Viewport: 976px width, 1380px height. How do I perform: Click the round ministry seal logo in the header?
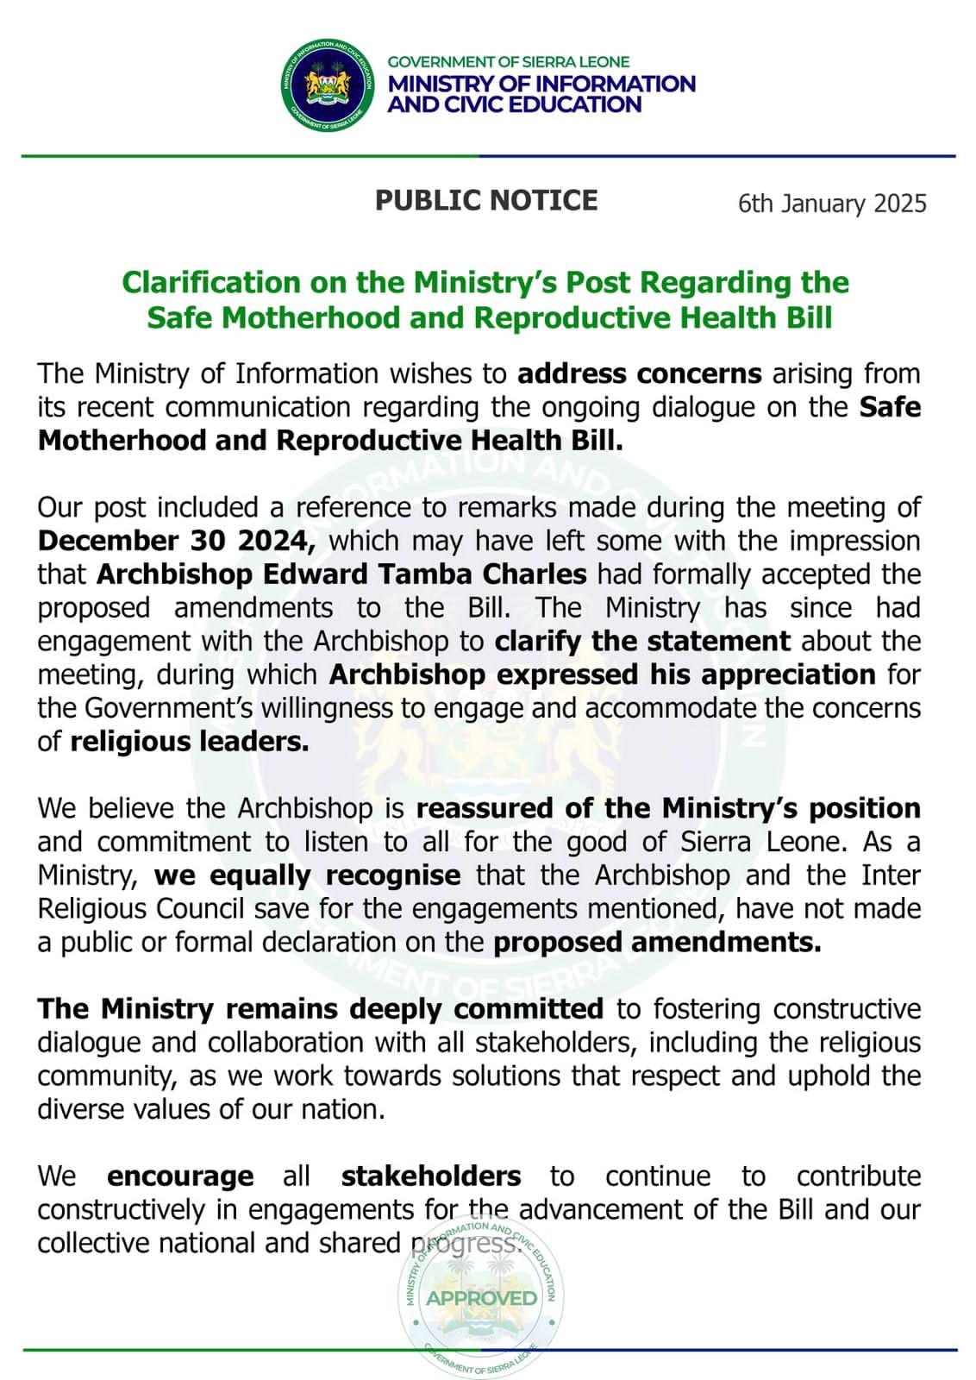[x=328, y=85]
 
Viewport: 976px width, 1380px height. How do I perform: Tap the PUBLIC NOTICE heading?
[x=485, y=200]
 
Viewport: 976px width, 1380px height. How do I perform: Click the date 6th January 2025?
[x=831, y=204]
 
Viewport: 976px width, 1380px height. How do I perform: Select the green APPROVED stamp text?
[x=481, y=1297]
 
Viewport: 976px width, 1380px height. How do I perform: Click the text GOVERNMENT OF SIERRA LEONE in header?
[x=508, y=62]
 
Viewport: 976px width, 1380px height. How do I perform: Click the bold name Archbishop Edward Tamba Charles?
[x=341, y=574]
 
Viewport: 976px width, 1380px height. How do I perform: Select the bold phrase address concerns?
[x=639, y=373]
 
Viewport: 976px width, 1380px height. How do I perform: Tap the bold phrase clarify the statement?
[x=642, y=642]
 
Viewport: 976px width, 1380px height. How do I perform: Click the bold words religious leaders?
[x=189, y=742]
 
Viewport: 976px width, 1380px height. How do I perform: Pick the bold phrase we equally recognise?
[x=307, y=875]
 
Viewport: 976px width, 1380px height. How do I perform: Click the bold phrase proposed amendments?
[x=656, y=943]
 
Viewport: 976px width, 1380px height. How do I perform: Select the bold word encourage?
[x=180, y=1176]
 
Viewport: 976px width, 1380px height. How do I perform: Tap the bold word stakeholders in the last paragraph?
[x=430, y=1176]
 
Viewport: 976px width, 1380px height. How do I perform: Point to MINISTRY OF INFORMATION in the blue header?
[x=541, y=84]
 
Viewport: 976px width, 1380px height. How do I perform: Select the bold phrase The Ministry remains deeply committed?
[x=320, y=1009]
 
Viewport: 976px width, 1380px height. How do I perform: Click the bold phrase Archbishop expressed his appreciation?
[x=602, y=674]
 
